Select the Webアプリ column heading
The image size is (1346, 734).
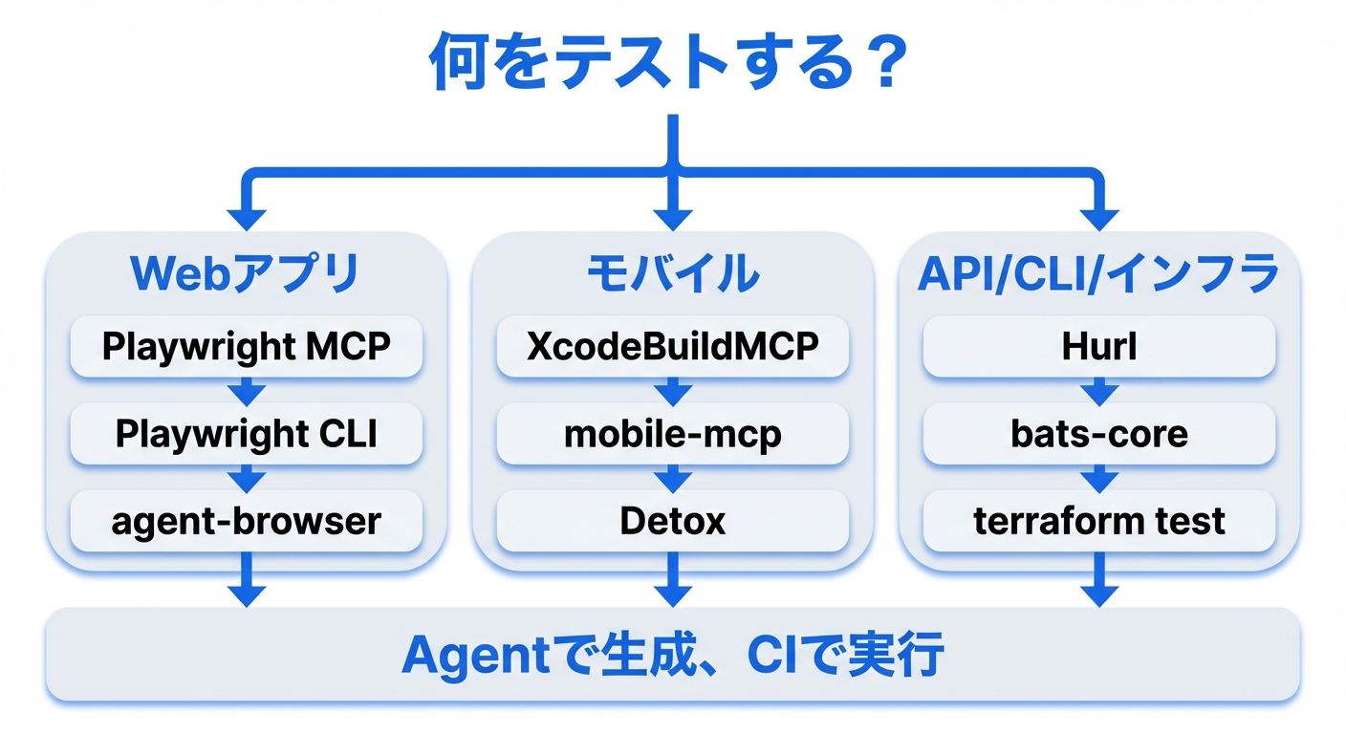[x=246, y=273]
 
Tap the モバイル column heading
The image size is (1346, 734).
[x=672, y=273]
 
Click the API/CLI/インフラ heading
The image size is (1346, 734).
[x=1098, y=273]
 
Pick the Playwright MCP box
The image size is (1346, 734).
[x=246, y=346]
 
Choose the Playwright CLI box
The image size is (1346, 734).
[x=246, y=433]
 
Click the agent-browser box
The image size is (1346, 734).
[x=246, y=521]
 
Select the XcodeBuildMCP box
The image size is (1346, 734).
[x=672, y=346]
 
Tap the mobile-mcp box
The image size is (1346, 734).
[x=672, y=433]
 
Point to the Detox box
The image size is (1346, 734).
[x=672, y=521]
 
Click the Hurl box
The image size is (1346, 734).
[x=1098, y=346]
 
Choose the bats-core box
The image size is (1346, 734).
[x=1098, y=433]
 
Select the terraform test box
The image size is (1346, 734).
[x=1098, y=521]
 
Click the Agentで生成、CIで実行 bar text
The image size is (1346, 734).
[x=672, y=656]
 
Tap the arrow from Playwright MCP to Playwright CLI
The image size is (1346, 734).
[x=246, y=390]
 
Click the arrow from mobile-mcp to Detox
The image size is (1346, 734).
[x=672, y=477]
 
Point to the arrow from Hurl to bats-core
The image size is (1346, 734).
[x=1098, y=390]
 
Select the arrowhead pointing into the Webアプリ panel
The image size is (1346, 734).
[x=246, y=216]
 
